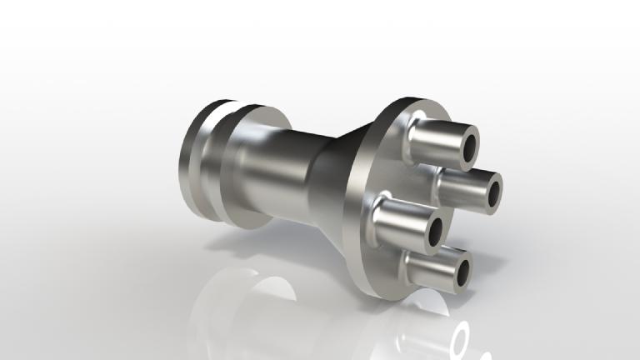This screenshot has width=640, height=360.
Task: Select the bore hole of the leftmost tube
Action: click(x=432, y=236)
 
